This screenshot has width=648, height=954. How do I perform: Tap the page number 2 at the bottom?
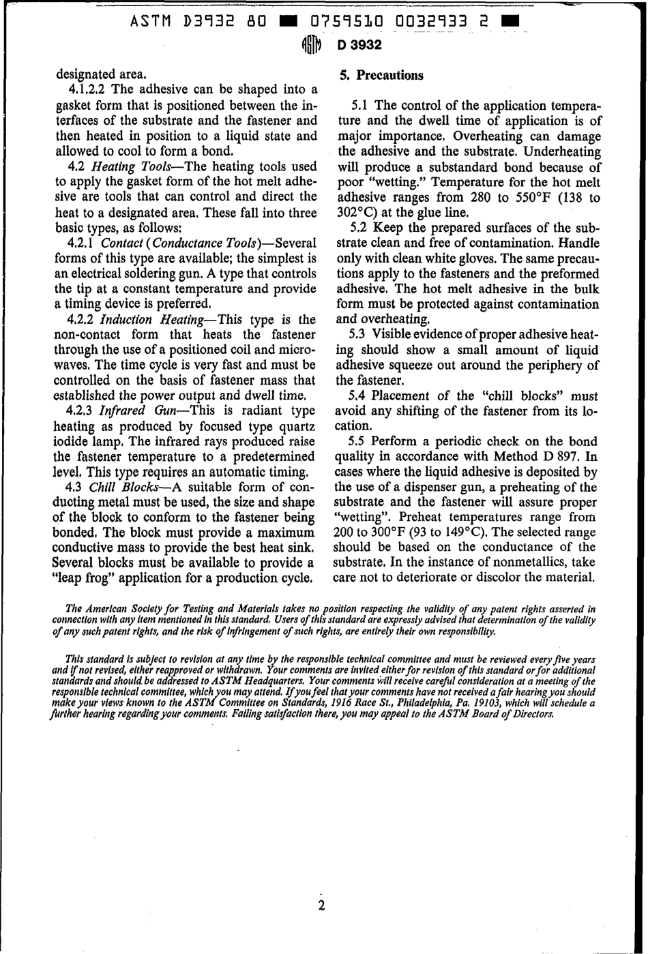(x=321, y=906)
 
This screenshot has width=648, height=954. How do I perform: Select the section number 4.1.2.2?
(x=88, y=90)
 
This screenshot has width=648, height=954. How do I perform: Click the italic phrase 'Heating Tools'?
(x=136, y=166)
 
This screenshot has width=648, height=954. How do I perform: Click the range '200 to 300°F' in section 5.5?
(x=371, y=533)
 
